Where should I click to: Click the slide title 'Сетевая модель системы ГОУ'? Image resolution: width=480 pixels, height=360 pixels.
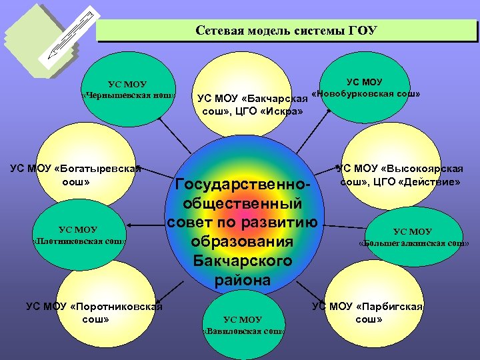[x=287, y=31]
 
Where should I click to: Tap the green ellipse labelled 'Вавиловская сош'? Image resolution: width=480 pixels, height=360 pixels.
[x=243, y=324]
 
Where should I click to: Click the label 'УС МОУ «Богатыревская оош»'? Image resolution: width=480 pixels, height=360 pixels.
[x=76, y=175]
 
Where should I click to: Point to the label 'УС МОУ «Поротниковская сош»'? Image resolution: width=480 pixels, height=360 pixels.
[x=94, y=313]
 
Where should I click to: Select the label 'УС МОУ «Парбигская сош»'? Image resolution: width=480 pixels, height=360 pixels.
[x=369, y=313]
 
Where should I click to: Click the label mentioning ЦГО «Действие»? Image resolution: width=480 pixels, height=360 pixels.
[x=401, y=175]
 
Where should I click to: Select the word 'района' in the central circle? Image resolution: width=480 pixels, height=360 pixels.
[x=243, y=280]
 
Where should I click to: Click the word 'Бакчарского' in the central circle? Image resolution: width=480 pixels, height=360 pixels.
[x=243, y=261]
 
